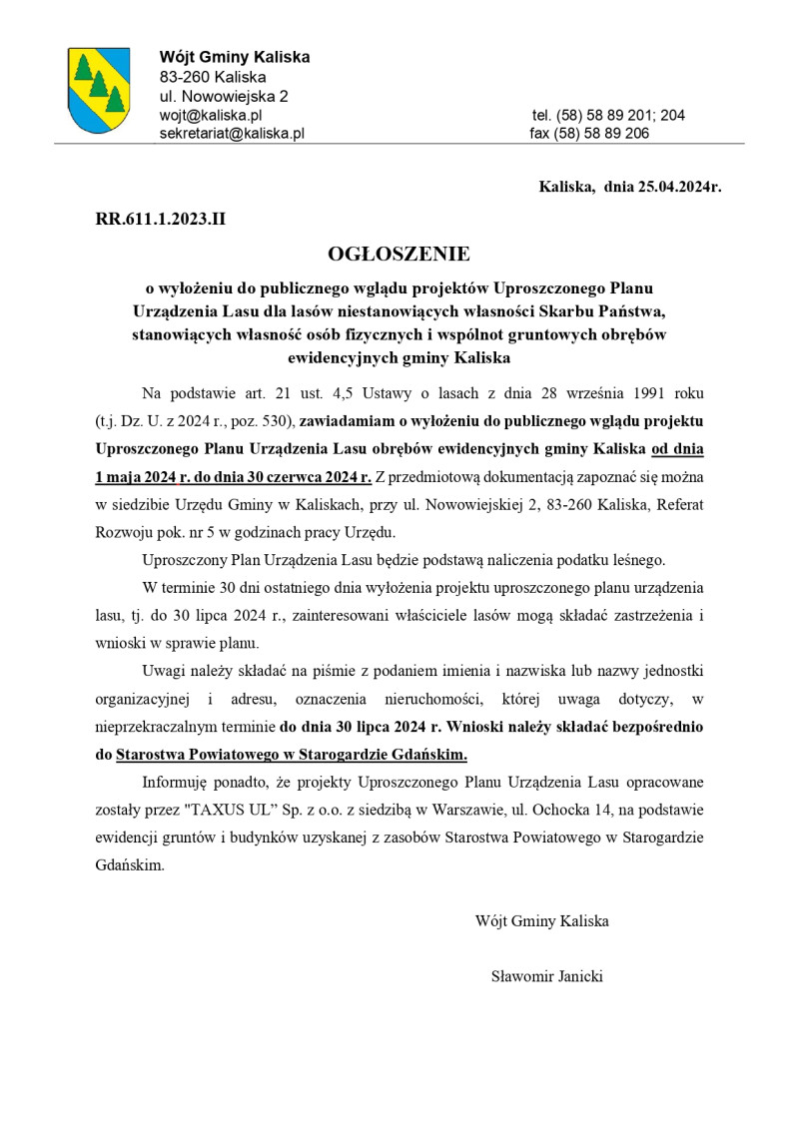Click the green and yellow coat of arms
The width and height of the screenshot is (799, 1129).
[98, 90]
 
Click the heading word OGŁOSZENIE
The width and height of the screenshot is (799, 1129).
[399, 255]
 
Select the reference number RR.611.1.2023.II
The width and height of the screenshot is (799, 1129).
[161, 219]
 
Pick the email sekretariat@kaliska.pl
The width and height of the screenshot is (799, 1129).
[232, 133]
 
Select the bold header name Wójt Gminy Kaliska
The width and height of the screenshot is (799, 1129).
[235, 57]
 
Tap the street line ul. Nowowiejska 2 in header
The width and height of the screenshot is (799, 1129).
[225, 96]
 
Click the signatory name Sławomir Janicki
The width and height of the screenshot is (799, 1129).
[546, 976]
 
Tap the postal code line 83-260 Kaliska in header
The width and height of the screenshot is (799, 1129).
[213, 77]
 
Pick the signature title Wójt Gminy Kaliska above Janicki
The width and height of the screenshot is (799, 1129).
[542, 920]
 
